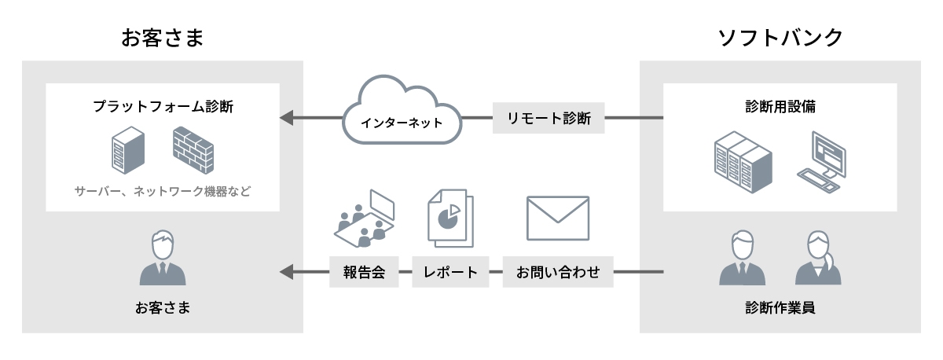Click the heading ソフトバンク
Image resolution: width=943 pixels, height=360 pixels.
click(780, 37)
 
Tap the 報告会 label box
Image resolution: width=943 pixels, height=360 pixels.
click(362, 273)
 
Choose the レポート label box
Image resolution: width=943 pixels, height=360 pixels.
click(450, 273)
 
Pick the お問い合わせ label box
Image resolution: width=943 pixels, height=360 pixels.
click(558, 273)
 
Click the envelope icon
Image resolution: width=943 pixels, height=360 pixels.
click(558, 218)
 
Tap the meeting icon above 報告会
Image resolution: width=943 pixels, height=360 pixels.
click(363, 218)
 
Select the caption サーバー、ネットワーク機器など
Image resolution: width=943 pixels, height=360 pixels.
click(163, 191)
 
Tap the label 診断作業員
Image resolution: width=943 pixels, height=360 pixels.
click(780, 307)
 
